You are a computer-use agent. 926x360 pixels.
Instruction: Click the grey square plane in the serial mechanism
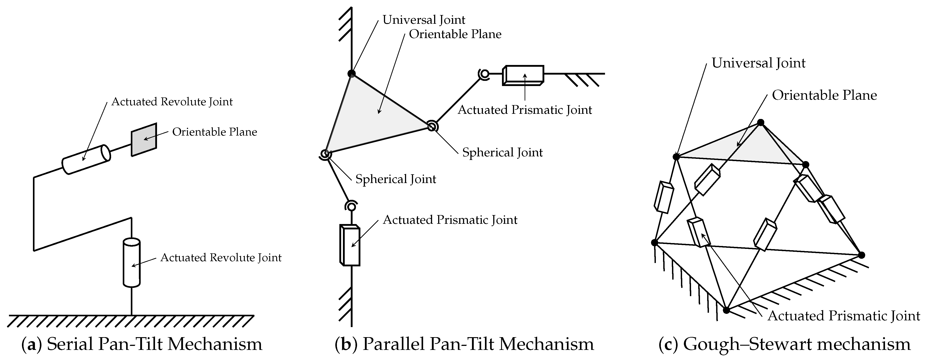pyautogui.click(x=144, y=140)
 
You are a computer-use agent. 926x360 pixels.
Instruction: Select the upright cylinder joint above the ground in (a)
pyautogui.click(x=131, y=263)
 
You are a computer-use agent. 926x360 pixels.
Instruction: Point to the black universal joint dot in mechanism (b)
pyautogui.click(x=352, y=74)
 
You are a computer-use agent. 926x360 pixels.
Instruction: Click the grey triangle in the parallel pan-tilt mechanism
pyautogui.click(x=374, y=115)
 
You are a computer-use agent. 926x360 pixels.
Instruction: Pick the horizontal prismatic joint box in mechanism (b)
pyautogui.click(x=523, y=75)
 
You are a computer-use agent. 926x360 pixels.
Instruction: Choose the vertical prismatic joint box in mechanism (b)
pyautogui.click(x=350, y=245)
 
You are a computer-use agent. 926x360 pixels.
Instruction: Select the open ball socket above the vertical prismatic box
pyautogui.click(x=351, y=206)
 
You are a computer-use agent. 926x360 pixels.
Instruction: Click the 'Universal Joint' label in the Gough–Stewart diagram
pyautogui.click(x=758, y=63)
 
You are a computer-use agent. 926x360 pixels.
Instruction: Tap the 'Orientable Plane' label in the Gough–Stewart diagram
pyautogui.click(x=824, y=95)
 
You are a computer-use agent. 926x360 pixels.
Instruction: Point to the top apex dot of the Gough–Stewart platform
pyautogui.click(x=761, y=123)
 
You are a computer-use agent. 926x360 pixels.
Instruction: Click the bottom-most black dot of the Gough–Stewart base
pyautogui.click(x=726, y=310)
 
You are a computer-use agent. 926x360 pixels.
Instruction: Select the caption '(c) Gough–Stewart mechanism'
pyautogui.click(x=784, y=344)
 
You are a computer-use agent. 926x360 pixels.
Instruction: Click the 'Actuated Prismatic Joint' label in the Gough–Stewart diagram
pyautogui.click(x=844, y=316)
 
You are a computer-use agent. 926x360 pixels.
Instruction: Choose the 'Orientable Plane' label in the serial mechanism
pyautogui.click(x=215, y=132)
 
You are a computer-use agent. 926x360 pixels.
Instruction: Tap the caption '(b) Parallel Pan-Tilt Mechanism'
pyautogui.click(x=464, y=344)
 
